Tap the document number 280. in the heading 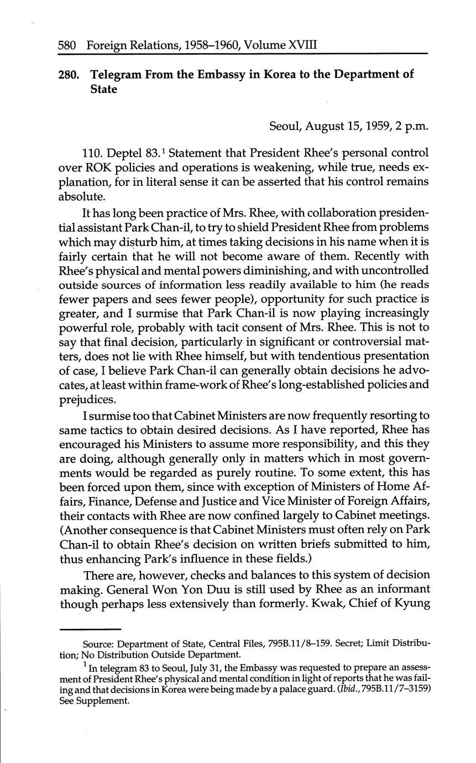70,74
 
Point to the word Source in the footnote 98,644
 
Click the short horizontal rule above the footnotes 90,629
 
